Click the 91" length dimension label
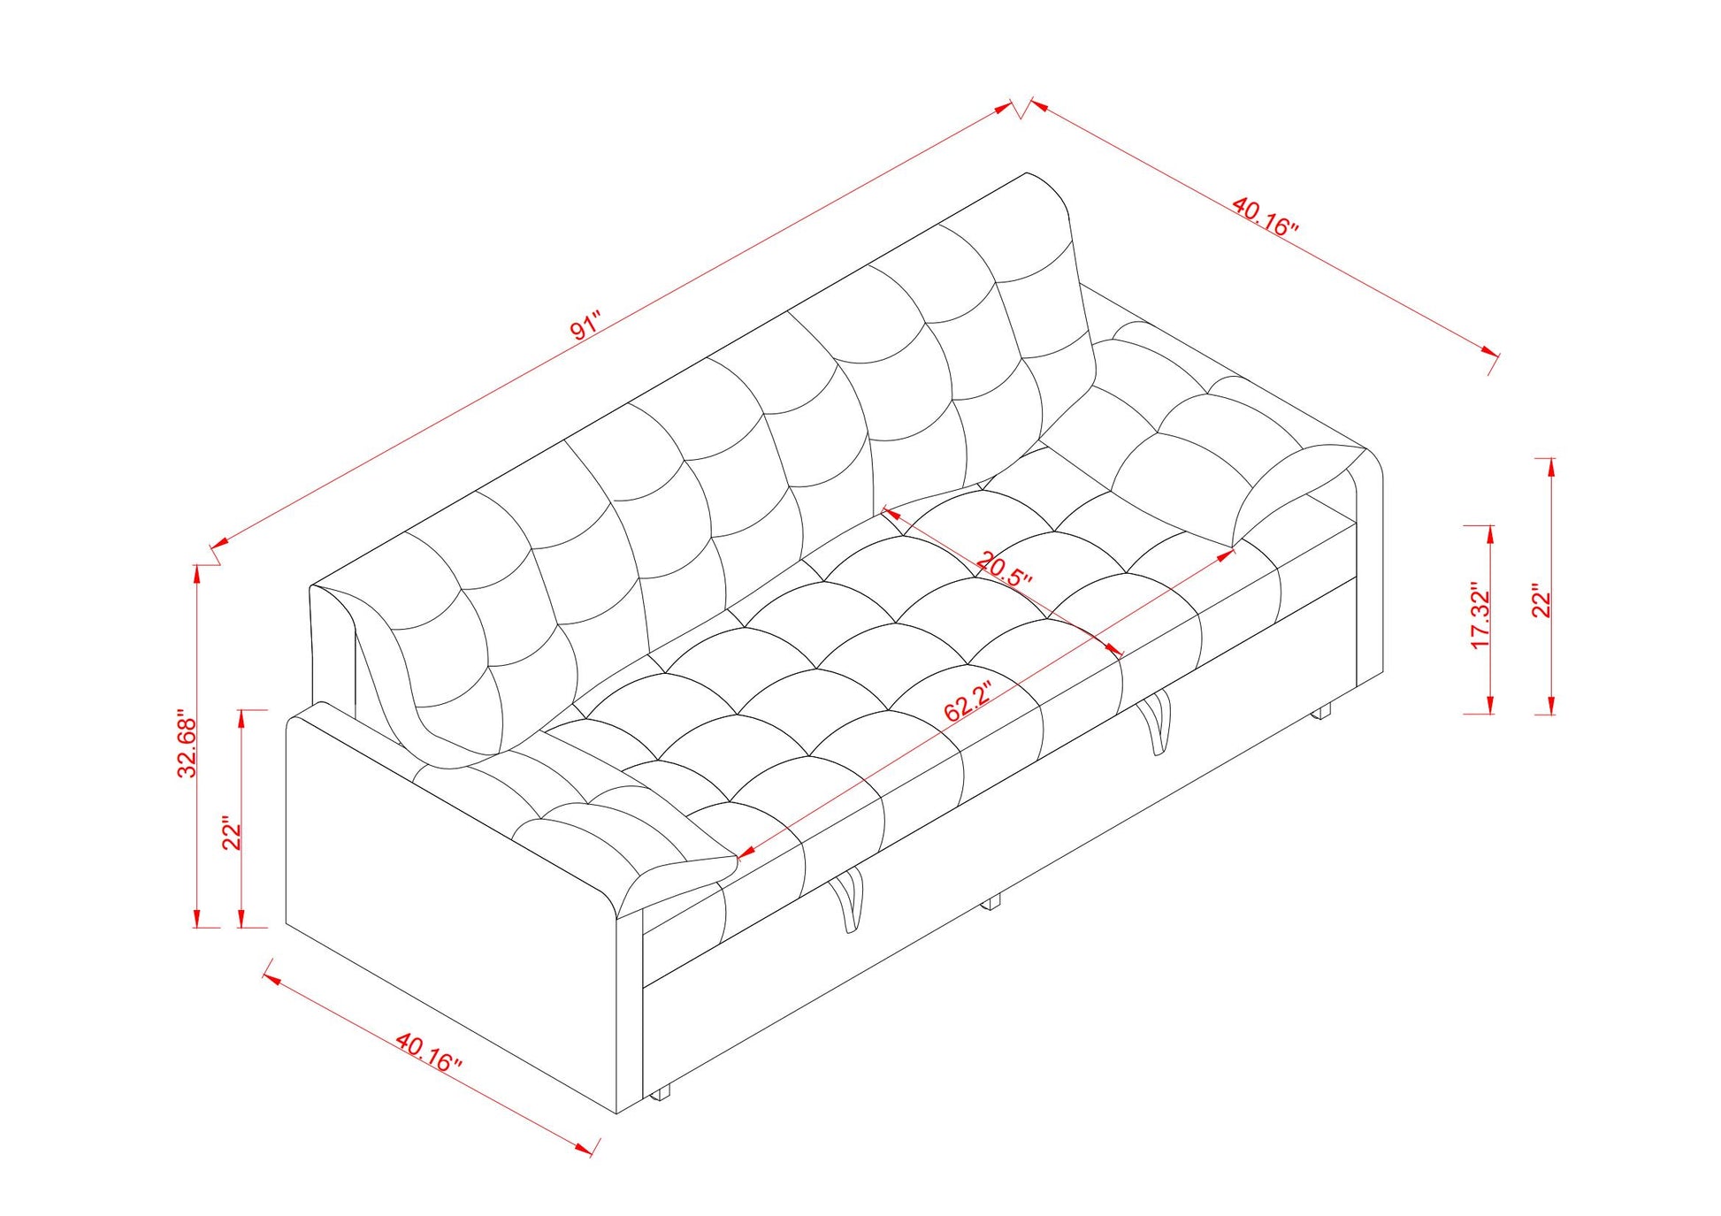[585, 326]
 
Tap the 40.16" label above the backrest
[1266, 216]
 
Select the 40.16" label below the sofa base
[428, 1052]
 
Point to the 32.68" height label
[187, 743]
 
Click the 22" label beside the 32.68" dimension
[232, 832]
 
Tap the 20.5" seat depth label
[1005, 570]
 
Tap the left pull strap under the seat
[847, 899]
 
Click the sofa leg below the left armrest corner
[659, 1093]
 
